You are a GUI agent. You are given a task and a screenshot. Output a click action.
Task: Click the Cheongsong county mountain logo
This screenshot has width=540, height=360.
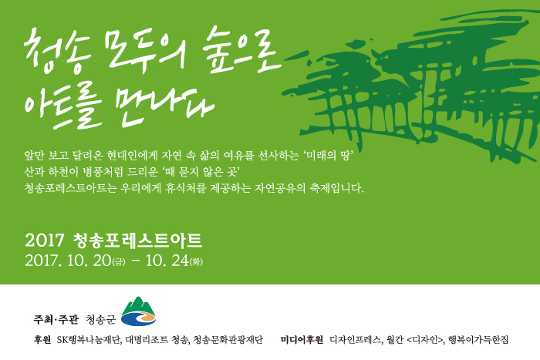tap(138, 311)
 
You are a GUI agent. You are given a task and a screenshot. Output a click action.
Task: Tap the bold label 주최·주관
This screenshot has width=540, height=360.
tap(56, 319)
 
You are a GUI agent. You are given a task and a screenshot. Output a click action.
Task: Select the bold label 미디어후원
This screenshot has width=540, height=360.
tap(302, 340)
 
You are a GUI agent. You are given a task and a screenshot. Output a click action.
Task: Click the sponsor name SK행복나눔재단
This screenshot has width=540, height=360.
tap(89, 340)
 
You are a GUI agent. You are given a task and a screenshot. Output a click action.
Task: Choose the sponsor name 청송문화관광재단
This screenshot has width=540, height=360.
tap(228, 340)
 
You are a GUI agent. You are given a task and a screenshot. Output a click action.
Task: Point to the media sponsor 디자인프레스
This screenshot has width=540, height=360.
tap(356, 340)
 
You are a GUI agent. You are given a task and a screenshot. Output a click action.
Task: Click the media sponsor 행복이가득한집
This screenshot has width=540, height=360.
tap(478, 340)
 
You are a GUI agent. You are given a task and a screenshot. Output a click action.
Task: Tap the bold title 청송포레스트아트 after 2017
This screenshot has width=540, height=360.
tap(137, 241)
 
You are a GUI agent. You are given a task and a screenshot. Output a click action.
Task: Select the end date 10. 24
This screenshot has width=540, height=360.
tap(167, 261)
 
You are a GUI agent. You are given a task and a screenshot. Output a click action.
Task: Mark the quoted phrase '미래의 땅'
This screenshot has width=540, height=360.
tap(329, 156)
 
